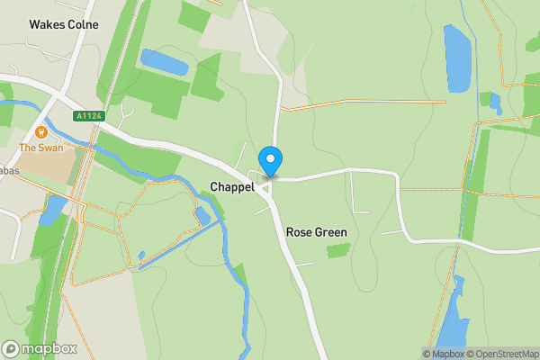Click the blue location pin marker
pyautogui.click(x=270, y=161)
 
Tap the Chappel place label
pyautogui.click(x=231, y=186)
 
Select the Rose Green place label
pyautogui.click(x=316, y=232)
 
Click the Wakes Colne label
pyautogui.click(x=64, y=24)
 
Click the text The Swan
pyautogui.click(x=40, y=148)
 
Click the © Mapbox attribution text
pyautogui.click(x=442, y=354)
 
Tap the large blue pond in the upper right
pyautogui.click(x=457, y=58)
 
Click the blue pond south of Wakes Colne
pyautogui.click(x=164, y=62)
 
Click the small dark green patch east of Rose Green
pyautogui.click(x=338, y=250)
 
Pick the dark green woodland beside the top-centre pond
pyautogui.click(x=207, y=77)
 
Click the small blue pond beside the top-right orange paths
pyautogui.click(x=496, y=103)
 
